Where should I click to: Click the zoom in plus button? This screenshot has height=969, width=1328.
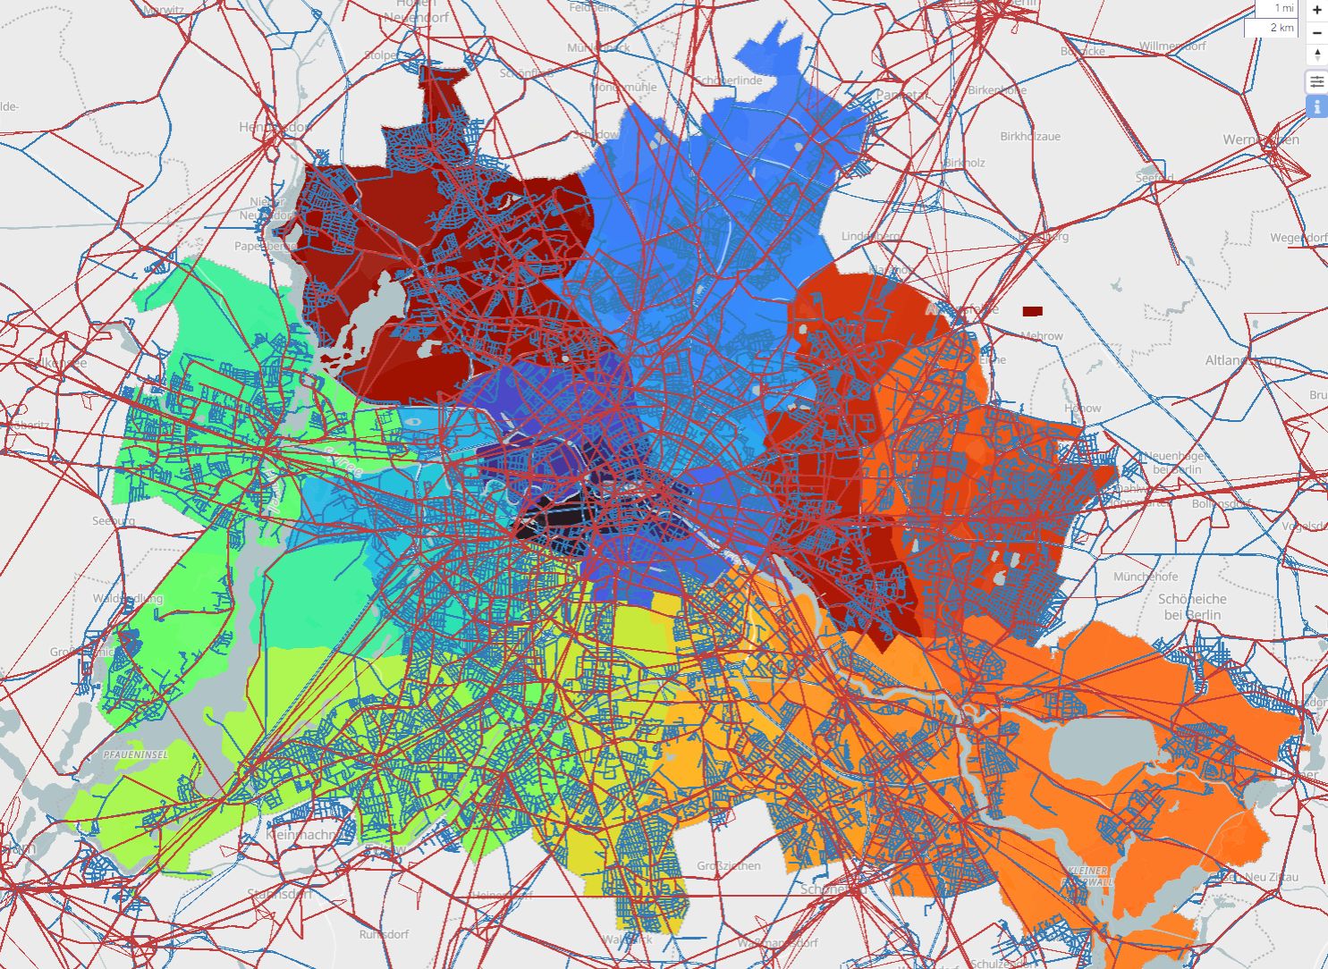(1317, 10)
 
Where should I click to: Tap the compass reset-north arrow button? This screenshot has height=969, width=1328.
(1317, 55)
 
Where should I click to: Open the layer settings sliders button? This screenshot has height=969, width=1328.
(1317, 82)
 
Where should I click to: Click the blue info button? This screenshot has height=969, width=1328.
(1317, 107)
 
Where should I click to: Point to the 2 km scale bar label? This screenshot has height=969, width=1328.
(1281, 28)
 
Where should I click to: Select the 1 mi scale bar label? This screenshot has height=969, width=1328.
(1284, 8)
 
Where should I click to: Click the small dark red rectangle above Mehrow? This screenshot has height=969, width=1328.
(1032, 311)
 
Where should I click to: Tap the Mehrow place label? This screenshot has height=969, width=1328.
(1042, 336)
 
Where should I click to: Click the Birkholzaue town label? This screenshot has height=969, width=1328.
(1030, 137)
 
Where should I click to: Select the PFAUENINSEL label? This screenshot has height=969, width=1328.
(136, 754)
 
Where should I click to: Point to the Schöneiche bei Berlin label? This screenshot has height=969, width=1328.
(1192, 607)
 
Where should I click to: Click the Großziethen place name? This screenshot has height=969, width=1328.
(728, 865)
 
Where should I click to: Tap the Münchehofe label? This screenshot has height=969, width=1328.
(1146, 577)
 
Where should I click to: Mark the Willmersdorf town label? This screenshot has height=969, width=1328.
(1172, 46)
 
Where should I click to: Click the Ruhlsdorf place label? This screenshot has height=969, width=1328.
(384, 934)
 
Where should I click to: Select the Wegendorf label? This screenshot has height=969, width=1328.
(1298, 238)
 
